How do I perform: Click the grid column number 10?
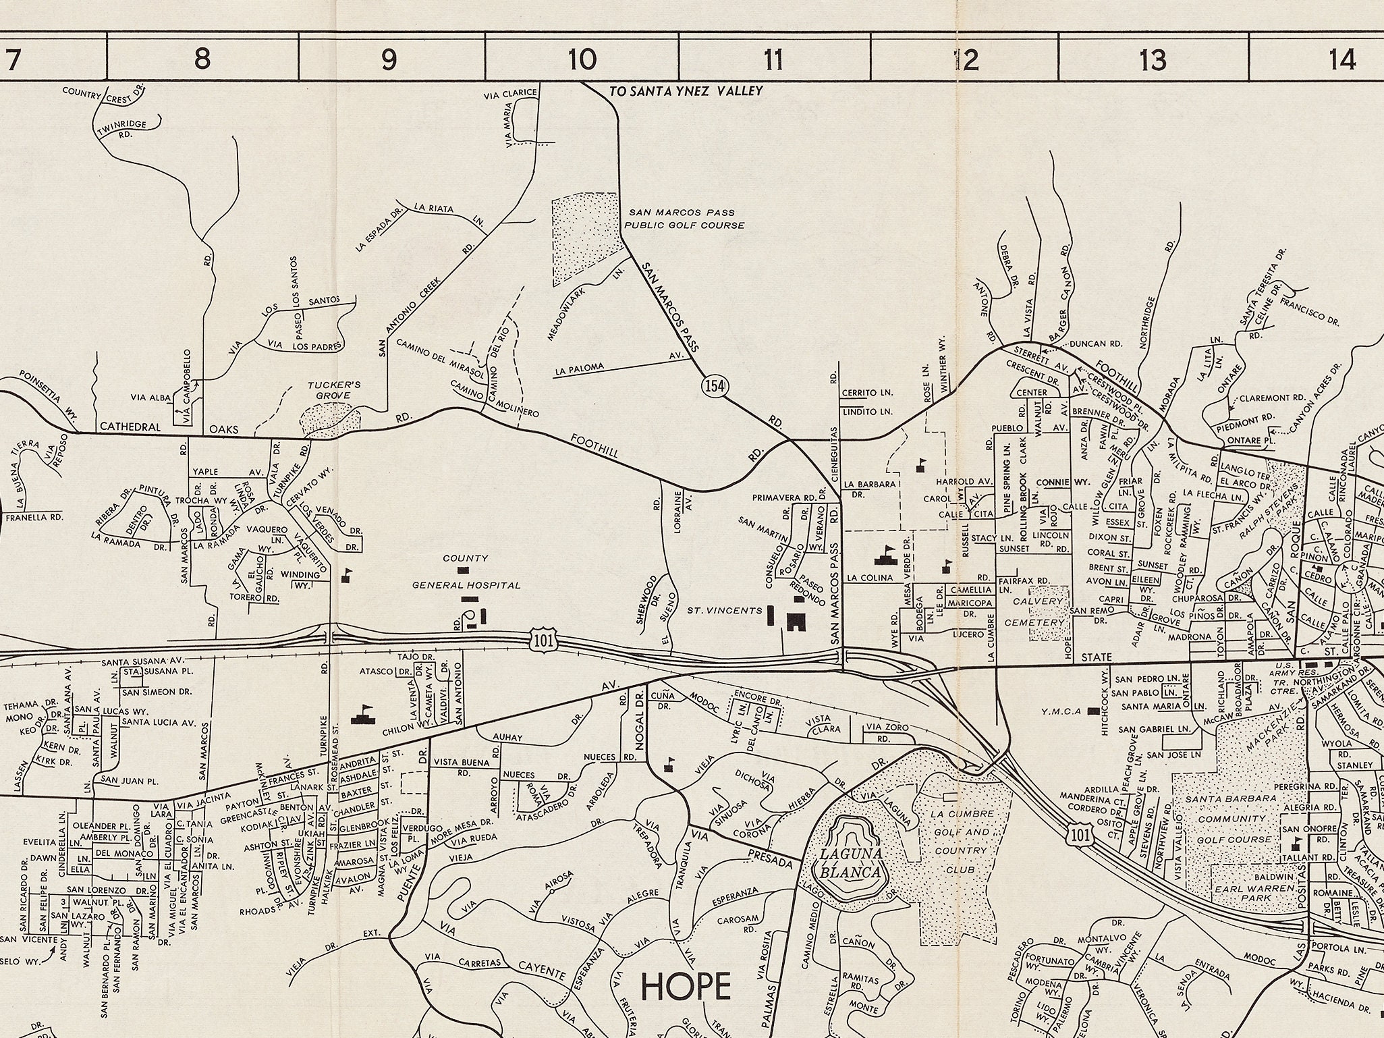click(582, 59)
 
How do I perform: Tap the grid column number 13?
click(1153, 60)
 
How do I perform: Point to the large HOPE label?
click(686, 987)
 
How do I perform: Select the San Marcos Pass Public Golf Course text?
click(683, 219)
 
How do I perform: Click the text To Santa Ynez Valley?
click(686, 91)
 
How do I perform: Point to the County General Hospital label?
click(466, 572)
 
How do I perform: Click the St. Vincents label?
click(724, 611)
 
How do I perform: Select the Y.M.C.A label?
click(1061, 711)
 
